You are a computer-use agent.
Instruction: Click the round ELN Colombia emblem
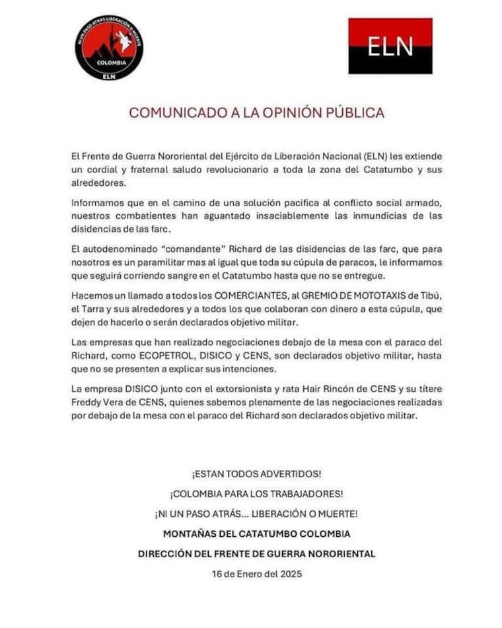(x=108, y=48)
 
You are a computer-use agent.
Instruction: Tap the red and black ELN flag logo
(x=390, y=46)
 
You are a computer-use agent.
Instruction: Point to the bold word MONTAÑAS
(x=189, y=534)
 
